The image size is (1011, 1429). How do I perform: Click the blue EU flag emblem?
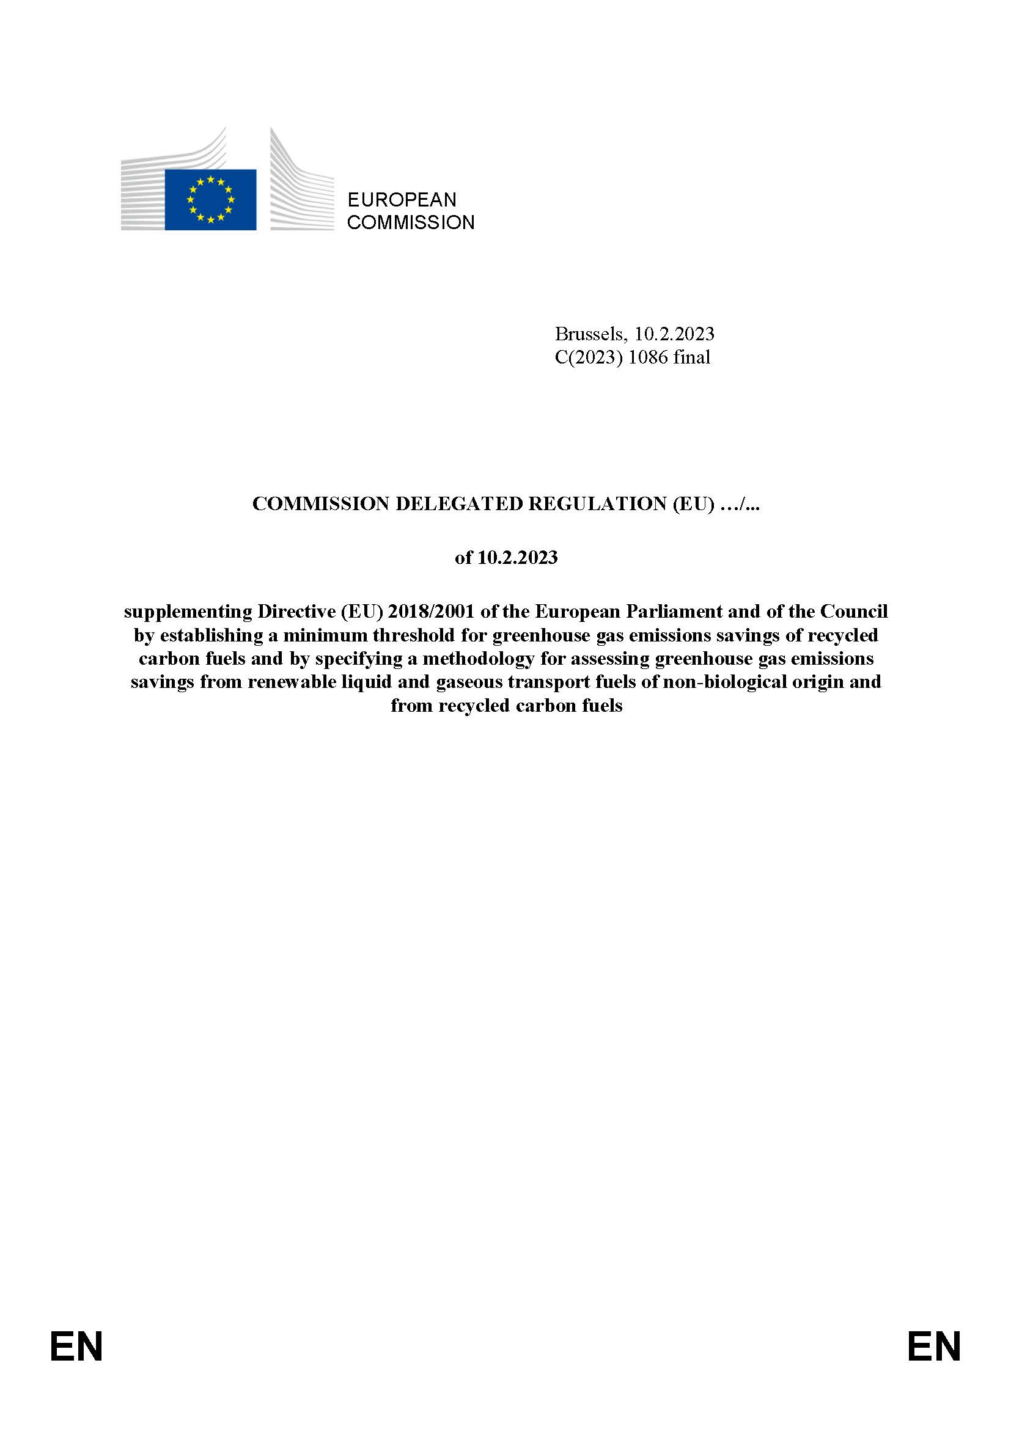point(210,199)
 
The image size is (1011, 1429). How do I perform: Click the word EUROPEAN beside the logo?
point(402,200)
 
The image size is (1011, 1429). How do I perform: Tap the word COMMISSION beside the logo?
point(410,222)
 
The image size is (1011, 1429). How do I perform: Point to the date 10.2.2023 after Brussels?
point(674,334)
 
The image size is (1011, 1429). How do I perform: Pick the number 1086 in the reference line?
point(648,357)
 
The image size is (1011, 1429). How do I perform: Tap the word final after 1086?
point(691,357)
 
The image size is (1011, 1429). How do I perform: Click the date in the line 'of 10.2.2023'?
point(517,557)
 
